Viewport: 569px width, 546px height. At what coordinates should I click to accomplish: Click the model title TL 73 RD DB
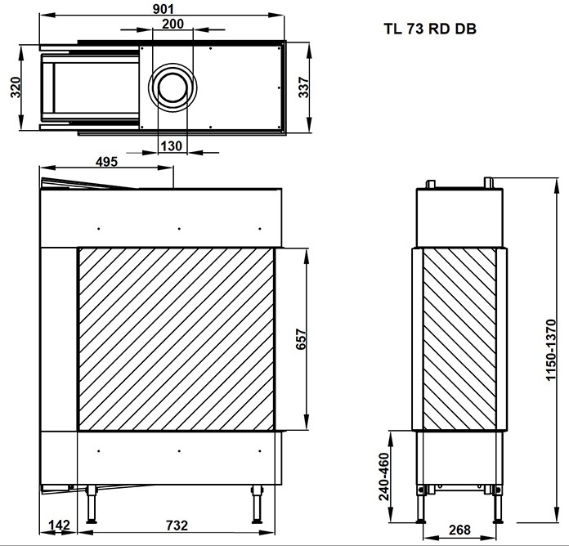(x=431, y=29)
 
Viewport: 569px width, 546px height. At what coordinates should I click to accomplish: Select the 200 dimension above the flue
(x=172, y=25)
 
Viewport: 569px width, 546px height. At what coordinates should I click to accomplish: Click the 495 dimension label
(x=106, y=161)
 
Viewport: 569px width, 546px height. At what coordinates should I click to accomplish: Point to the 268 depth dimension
(x=460, y=530)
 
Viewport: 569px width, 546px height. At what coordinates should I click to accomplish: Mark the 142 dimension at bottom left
(x=59, y=525)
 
